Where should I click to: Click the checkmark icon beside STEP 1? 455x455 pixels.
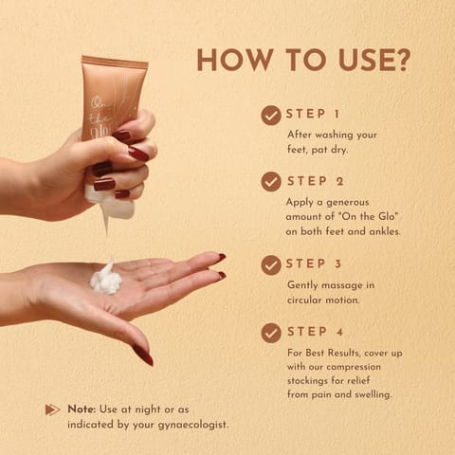[x=271, y=116]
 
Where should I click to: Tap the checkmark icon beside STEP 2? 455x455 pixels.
[x=271, y=181]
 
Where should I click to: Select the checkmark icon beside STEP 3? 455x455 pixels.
[x=271, y=264]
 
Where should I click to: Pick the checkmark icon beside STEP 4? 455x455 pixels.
[x=271, y=333]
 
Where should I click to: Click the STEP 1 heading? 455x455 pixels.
[x=313, y=115]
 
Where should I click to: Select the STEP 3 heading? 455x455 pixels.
[x=314, y=264]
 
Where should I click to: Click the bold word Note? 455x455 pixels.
[x=82, y=409]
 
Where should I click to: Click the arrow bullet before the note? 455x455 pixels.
[x=52, y=409]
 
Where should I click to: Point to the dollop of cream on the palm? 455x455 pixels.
[x=105, y=279]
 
